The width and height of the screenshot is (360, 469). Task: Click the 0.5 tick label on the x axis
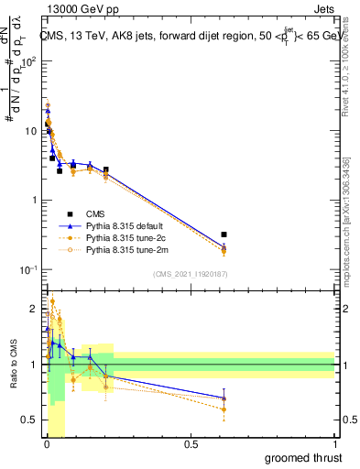(191, 444)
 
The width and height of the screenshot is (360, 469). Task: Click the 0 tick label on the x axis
(47, 444)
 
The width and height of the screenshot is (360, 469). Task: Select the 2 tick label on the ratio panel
(34, 308)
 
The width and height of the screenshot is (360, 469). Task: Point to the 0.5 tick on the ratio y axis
(29, 421)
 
